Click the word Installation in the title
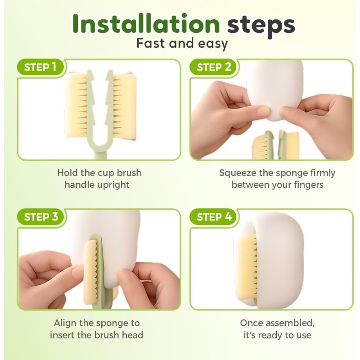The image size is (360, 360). [x=146, y=24]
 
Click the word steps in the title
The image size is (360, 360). [x=261, y=26]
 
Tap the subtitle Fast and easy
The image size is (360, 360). [x=182, y=44]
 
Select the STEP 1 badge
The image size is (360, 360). [x=40, y=67]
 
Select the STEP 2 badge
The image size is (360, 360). [x=213, y=67]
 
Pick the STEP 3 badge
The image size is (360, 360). [x=40, y=217]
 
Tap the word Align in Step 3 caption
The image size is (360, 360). [x=65, y=324]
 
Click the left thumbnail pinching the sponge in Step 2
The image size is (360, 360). [x=263, y=112]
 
